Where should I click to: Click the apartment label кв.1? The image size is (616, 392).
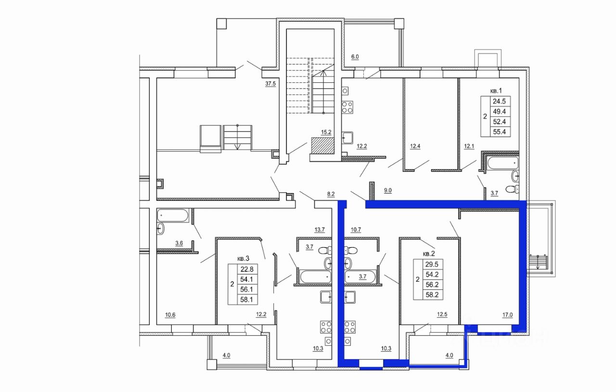[496, 91]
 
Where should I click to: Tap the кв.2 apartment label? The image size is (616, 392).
[429, 253]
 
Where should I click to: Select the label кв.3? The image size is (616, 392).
[243, 259]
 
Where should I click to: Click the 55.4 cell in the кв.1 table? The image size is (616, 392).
[500, 131]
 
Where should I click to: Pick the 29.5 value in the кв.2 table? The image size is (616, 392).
[432, 264]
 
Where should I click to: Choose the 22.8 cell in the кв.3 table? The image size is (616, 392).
[247, 269]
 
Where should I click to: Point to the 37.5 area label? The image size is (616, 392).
[270, 84]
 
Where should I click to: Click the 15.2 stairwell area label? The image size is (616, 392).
[326, 132]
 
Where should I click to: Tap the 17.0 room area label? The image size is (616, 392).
[508, 315]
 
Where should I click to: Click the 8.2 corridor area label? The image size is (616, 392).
[331, 194]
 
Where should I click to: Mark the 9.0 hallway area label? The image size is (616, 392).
[388, 190]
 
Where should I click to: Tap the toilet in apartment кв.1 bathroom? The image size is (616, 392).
[513, 189]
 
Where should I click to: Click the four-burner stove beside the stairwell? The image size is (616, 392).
[347, 107]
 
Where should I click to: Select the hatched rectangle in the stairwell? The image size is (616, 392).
[322, 146]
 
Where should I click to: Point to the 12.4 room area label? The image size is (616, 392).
[415, 146]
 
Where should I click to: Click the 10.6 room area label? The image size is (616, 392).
[170, 315]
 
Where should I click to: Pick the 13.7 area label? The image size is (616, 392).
[320, 230]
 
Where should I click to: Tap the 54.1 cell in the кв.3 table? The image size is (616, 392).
[247, 279]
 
